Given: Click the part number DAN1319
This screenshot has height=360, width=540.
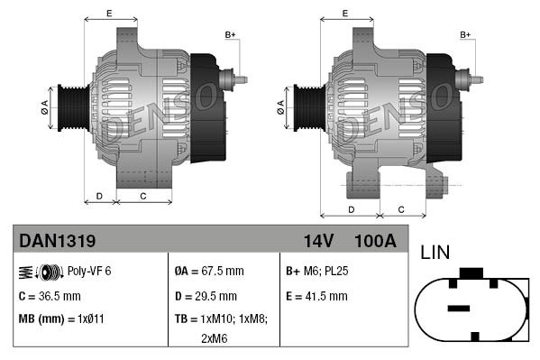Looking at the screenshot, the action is [57, 241].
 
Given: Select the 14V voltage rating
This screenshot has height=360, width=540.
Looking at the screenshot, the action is [318, 241].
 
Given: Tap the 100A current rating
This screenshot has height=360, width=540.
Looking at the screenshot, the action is [375, 241].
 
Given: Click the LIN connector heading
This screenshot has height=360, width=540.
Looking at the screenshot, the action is [435, 253].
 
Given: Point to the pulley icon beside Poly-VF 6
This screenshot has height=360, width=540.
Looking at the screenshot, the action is [41, 272].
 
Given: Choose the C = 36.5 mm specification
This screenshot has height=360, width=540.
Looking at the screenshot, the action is [50, 296].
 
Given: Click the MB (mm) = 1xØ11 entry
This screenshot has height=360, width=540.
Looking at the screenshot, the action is [61, 319].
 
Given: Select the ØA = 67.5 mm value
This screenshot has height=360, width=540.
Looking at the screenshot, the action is [209, 271].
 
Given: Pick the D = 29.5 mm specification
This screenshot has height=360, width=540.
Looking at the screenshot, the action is [206, 296].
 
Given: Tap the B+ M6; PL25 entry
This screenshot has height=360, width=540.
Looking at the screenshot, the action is [316, 271].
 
